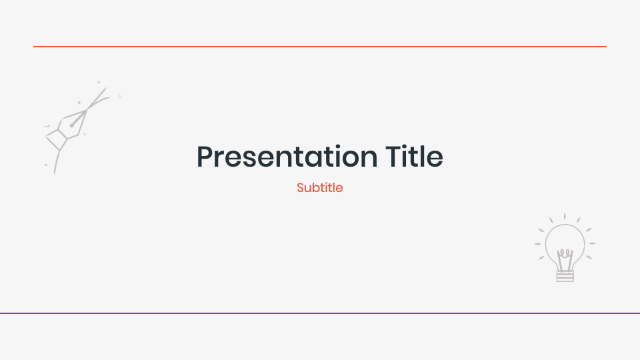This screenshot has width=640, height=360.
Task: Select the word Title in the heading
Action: point(414,157)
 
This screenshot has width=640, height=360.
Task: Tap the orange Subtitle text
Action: point(320,188)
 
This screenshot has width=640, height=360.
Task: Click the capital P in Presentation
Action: point(206,157)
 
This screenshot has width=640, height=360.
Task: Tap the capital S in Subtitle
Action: point(301,188)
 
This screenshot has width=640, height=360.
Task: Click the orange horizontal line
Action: point(320,47)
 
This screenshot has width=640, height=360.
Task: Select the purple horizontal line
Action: point(320,313)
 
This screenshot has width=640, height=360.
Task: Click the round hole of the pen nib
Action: point(72,125)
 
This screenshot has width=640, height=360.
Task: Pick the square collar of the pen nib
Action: point(56,138)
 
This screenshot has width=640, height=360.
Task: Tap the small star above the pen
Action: point(99,82)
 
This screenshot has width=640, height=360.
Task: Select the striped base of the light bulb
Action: point(565,275)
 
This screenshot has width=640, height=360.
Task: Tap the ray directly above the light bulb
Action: point(565,217)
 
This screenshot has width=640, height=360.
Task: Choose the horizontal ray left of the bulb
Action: point(537,243)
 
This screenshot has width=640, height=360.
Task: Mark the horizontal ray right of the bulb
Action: point(592,243)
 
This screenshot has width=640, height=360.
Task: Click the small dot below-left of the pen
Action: point(46,165)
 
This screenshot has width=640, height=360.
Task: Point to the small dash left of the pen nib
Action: point(47,125)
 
